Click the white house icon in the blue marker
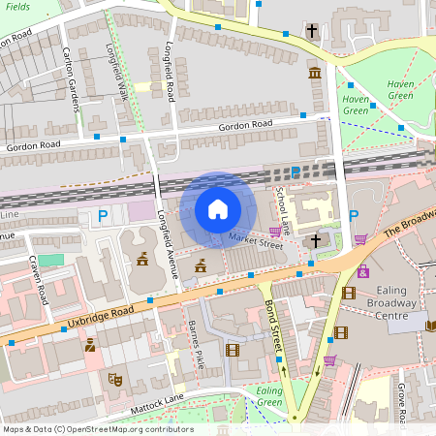[218, 209]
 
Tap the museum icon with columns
[315, 74]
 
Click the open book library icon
[430, 325]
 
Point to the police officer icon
[90, 344]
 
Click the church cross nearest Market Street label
[314, 239]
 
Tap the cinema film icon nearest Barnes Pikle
[232, 350]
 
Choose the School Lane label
[282, 203]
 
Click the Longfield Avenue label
[163, 229]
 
